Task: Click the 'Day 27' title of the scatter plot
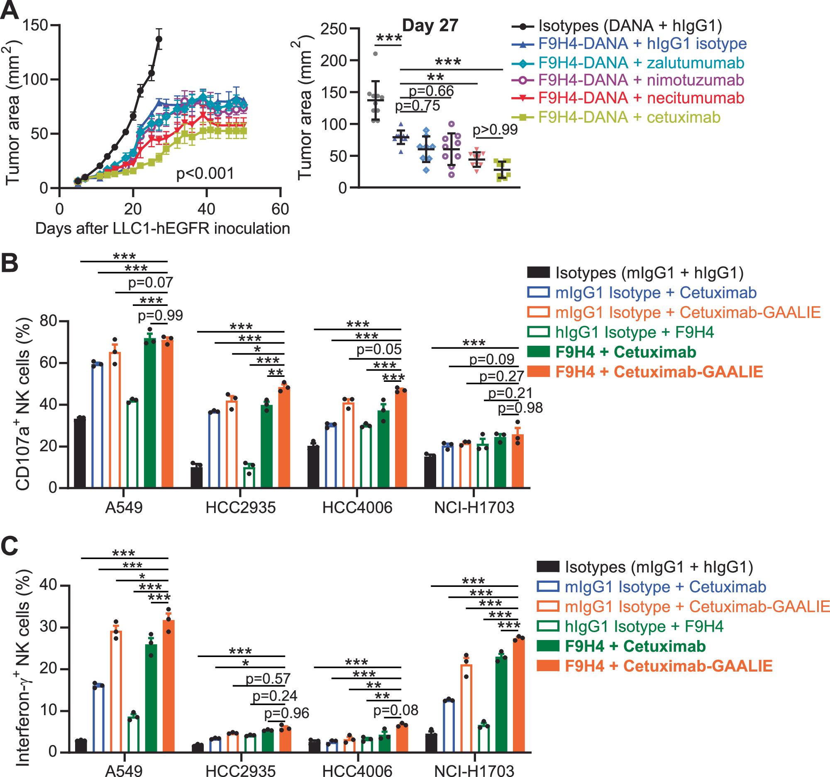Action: (x=430, y=25)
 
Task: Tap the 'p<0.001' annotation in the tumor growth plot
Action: (x=205, y=173)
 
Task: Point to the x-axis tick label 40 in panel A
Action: (x=206, y=209)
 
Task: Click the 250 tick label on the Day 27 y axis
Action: (x=334, y=29)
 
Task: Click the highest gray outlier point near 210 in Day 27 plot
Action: (x=375, y=54)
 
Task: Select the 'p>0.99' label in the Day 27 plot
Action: (x=495, y=130)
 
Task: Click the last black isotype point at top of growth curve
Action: (x=159, y=39)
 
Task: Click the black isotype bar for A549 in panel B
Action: (x=80, y=453)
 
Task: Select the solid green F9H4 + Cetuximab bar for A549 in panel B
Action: (x=150, y=413)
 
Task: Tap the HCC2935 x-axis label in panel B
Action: (x=240, y=508)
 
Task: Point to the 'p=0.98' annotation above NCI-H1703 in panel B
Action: (x=520, y=408)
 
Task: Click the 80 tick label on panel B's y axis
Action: (x=48, y=321)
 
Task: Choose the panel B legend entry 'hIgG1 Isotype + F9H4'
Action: (x=634, y=332)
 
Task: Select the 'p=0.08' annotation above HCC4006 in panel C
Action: (x=395, y=710)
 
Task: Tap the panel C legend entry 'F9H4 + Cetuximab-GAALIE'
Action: (x=668, y=666)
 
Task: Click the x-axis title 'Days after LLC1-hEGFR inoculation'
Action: (x=162, y=229)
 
